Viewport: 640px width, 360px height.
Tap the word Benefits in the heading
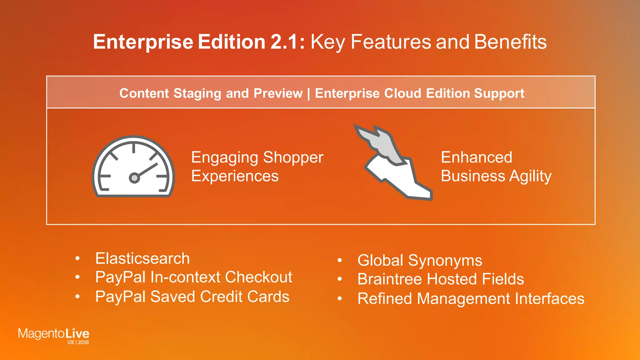[x=510, y=42]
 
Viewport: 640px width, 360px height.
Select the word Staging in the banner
[x=197, y=93]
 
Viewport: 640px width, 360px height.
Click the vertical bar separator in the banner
[x=309, y=94]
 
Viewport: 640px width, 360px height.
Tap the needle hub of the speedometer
[x=134, y=178]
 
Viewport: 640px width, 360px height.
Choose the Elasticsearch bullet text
[x=142, y=259]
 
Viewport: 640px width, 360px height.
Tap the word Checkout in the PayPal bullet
[x=258, y=277]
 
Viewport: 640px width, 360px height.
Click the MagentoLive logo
[x=53, y=334]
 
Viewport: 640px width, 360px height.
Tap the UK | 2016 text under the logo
[x=78, y=342]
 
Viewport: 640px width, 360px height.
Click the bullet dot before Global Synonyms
[x=340, y=260]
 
